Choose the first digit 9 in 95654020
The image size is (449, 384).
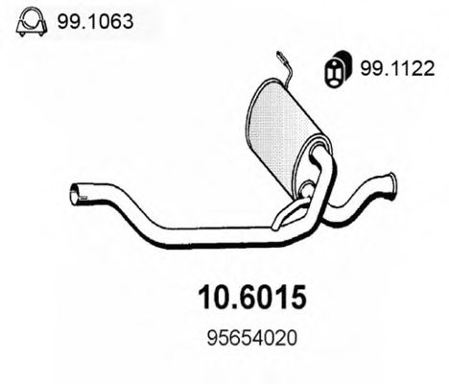pyautogui.click(x=210, y=340)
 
